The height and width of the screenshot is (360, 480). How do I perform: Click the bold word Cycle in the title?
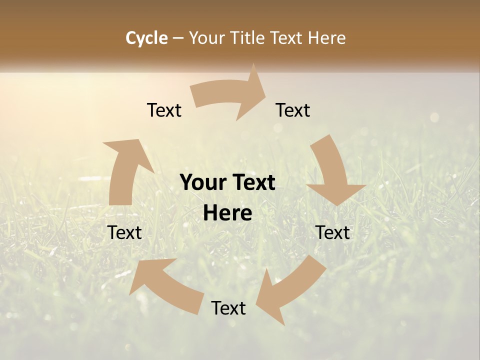(146, 38)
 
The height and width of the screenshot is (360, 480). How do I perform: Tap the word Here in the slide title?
(327, 38)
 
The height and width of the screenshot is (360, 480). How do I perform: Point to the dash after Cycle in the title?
(178, 38)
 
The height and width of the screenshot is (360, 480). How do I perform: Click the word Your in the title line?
(207, 38)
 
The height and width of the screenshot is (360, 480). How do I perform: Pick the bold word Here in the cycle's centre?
(227, 213)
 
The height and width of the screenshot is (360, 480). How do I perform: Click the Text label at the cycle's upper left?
(164, 110)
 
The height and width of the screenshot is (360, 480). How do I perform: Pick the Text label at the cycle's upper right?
(293, 110)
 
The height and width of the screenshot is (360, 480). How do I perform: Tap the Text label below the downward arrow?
(332, 233)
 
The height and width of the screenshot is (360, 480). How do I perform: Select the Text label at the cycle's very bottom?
(228, 308)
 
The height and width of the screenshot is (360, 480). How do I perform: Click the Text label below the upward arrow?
(124, 233)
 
